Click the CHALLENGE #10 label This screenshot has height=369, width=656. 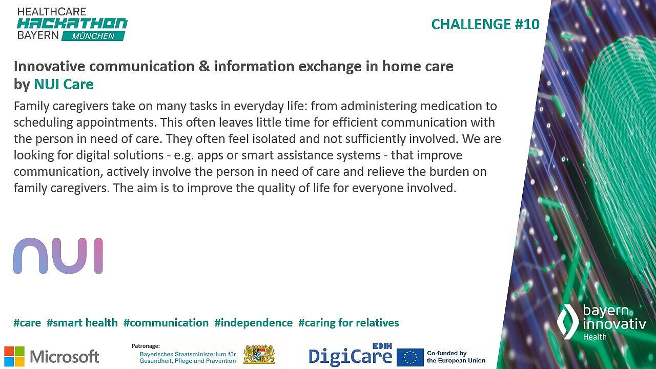[485, 24]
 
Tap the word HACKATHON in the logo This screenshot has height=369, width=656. [72, 23]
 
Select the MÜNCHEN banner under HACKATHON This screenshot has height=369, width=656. [93, 36]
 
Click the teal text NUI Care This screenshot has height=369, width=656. [64, 84]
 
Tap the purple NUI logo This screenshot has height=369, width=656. [58, 255]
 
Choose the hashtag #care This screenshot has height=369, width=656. [27, 323]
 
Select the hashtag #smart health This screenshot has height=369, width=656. [82, 323]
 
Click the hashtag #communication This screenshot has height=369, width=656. [166, 323]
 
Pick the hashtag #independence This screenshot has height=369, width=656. [253, 323]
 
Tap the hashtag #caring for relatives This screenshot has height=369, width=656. [348, 323]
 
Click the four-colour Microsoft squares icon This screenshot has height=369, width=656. [14, 356]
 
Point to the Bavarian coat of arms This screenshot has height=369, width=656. [259, 354]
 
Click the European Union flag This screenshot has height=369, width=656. [410, 357]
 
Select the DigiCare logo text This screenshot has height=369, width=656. [350, 356]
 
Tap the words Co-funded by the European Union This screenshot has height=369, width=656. [456, 357]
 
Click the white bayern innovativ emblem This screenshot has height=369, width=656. [568, 321]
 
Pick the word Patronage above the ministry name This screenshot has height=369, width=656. [146, 346]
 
